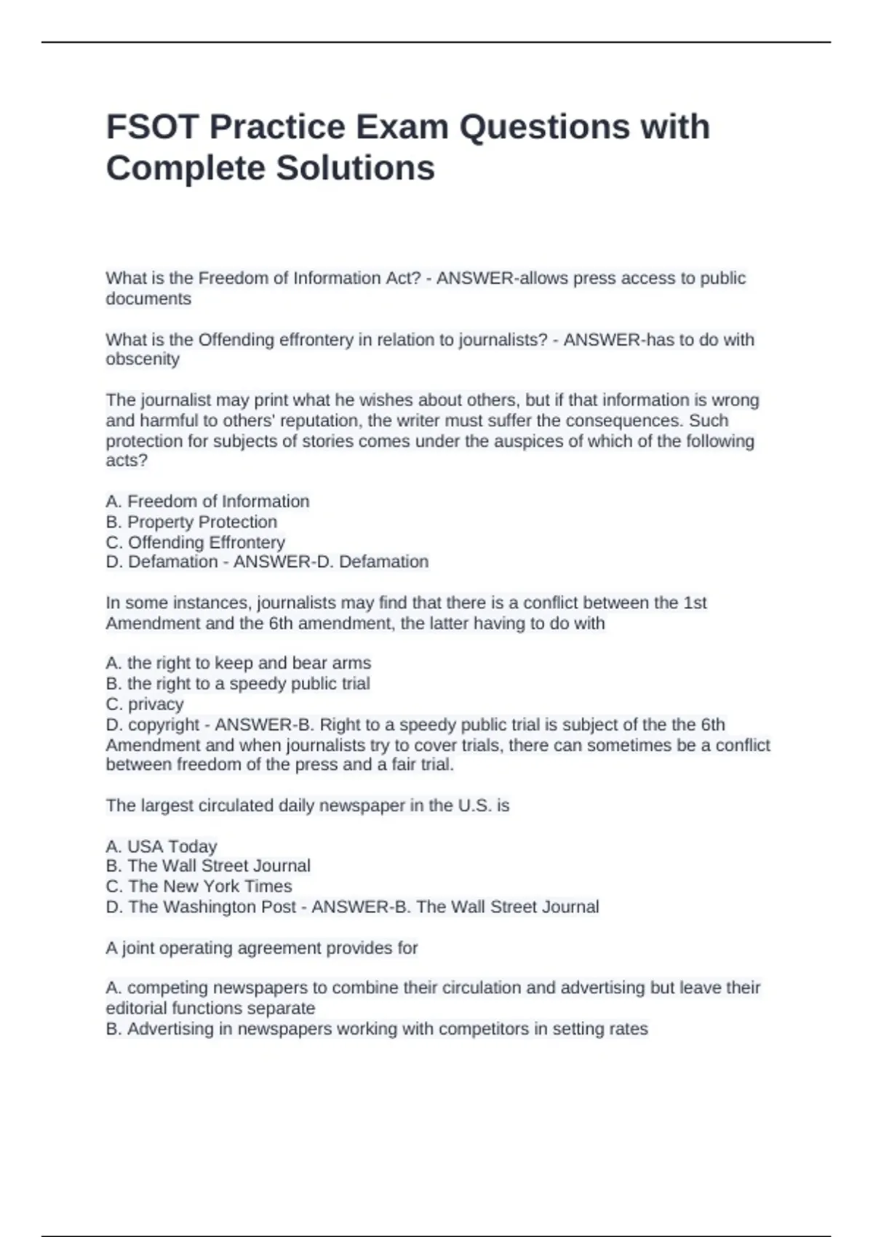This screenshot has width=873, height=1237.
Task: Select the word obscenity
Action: coord(143,359)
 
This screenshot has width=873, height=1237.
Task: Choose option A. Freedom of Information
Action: coord(207,501)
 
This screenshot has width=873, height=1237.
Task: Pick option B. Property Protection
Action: coord(191,522)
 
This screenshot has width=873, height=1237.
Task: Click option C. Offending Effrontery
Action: coord(195,542)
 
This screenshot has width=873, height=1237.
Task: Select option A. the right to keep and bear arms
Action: coord(238,663)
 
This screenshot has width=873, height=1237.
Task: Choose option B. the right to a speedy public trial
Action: coord(238,683)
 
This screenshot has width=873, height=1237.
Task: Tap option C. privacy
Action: coord(145,704)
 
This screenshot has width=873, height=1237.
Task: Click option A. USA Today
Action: coord(162,846)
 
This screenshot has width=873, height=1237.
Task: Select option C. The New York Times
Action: coord(199,886)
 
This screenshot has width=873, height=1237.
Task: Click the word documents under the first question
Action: coord(148,298)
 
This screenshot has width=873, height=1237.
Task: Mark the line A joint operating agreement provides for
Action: coord(262,948)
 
